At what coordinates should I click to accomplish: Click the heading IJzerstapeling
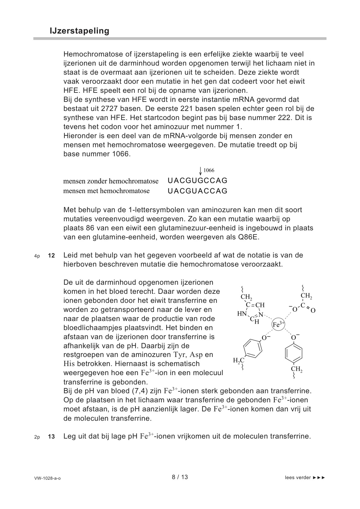coord(79,31)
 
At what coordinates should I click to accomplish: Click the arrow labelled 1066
coord(200,171)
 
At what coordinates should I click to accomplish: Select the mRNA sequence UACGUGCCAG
coord(197,181)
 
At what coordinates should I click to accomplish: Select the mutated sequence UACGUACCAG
coord(197,191)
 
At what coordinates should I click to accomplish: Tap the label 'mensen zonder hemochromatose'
coord(111,181)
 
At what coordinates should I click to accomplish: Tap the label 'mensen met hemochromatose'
coord(106,191)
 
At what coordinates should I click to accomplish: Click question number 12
coord(51,256)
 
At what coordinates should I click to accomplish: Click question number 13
coord(51,437)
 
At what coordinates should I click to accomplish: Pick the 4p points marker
coord(37,256)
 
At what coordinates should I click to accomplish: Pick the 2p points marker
coord(37,437)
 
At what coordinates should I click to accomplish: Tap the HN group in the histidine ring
coord(242,314)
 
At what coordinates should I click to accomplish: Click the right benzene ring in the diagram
coord(294,353)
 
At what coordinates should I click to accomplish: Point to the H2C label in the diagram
coord(238,361)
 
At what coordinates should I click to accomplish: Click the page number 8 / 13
coord(180,477)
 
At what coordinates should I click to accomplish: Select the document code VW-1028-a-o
coord(47,478)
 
